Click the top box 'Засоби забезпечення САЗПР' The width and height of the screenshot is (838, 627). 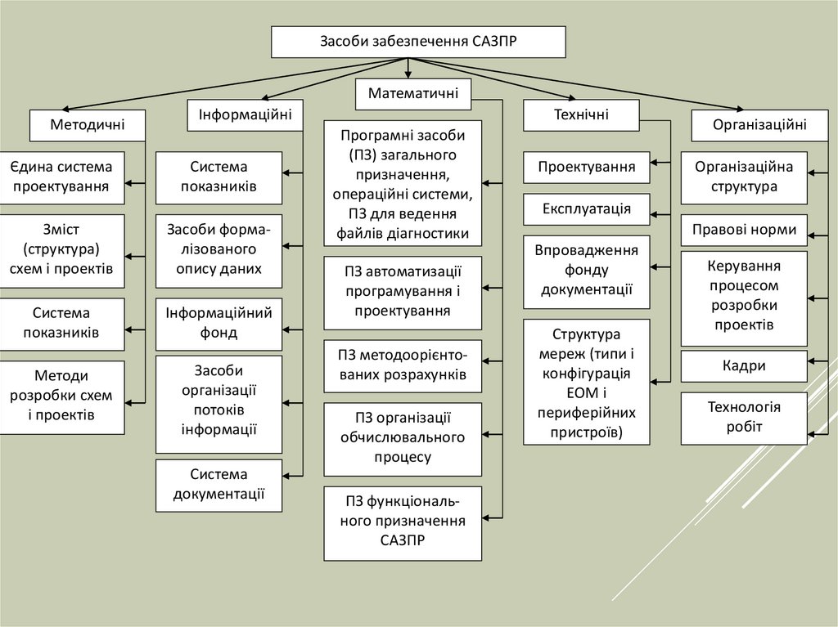click(418, 42)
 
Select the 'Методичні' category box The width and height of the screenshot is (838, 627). click(88, 125)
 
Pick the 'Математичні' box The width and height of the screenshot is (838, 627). click(414, 94)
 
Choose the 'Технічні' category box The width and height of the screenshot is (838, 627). click(581, 114)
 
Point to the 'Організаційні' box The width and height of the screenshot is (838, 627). click(759, 125)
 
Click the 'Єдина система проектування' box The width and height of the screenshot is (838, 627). click(62, 177)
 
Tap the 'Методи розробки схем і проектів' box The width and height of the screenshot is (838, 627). click(62, 396)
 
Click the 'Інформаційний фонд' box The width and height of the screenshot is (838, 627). click(219, 323)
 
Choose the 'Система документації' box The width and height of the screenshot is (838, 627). click(219, 484)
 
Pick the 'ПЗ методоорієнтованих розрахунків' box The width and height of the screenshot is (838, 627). click(403, 365)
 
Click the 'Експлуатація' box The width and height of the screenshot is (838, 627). click(587, 208)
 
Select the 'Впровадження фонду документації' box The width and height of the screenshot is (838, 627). click(587, 271)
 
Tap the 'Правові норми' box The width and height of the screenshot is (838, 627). click(744, 230)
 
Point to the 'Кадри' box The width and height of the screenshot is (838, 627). click(744, 365)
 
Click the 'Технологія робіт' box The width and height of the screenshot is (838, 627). click(744, 417)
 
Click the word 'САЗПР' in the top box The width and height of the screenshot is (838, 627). click(494, 42)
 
